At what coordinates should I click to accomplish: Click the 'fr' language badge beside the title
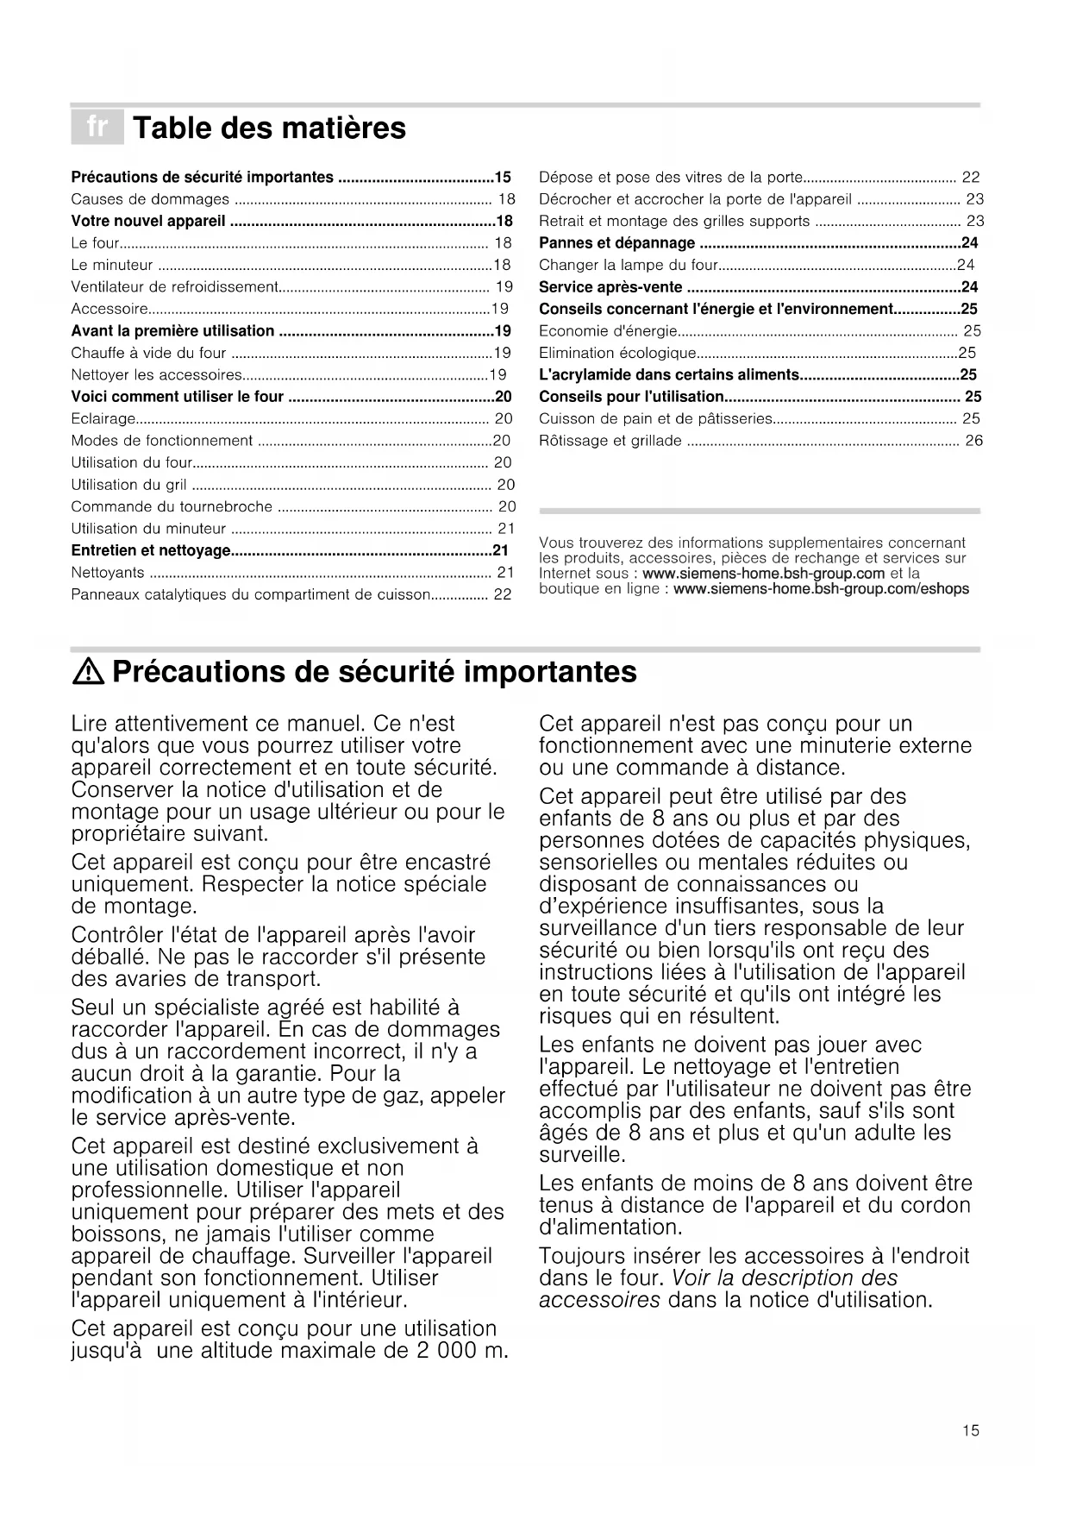pyautogui.click(x=97, y=128)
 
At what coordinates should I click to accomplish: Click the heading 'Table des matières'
pyautogui.click(x=269, y=129)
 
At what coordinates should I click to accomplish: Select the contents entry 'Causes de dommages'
pyautogui.click(x=150, y=199)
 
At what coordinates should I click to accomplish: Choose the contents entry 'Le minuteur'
pyautogui.click(x=112, y=265)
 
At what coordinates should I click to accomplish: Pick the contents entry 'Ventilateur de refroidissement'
pyautogui.click(x=174, y=286)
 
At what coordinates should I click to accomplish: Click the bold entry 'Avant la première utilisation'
pyautogui.click(x=172, y=331)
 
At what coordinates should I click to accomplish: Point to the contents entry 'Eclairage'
pyautogui.click(x=103, y=418)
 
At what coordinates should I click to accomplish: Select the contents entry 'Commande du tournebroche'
pyautogui.click(x=172, y=506)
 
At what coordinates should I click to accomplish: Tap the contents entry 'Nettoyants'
pyautogui.click(x=108, y=573)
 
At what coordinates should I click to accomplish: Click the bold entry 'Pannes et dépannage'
pyautogui.click(x=616, y=243)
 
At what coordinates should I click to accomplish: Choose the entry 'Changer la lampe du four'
pyautogui.click(x=628, y=265)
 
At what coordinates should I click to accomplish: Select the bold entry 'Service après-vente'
pyautogui.click(x=610, y=287)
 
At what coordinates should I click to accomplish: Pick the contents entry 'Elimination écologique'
pyautogui.click(x=617, y=353)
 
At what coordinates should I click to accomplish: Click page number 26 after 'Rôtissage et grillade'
pyautogui.click(x=973, y=441)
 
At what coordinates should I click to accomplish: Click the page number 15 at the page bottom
pyautogui.click(x=971, y=1431)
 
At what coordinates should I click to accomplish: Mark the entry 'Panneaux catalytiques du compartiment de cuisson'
pyautogui.click(x=250, y=594)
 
